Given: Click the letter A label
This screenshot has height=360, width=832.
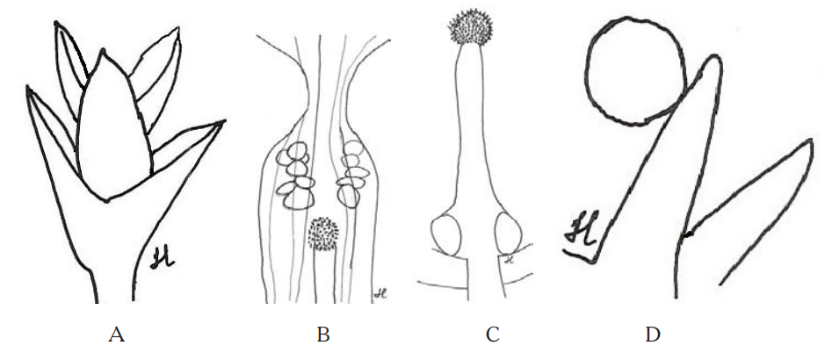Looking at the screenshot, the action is click(x=114, y=334).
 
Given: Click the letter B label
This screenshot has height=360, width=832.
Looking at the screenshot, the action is click(x=322, y=334).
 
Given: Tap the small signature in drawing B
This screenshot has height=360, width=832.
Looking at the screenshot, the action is click(x=379, y=293).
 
